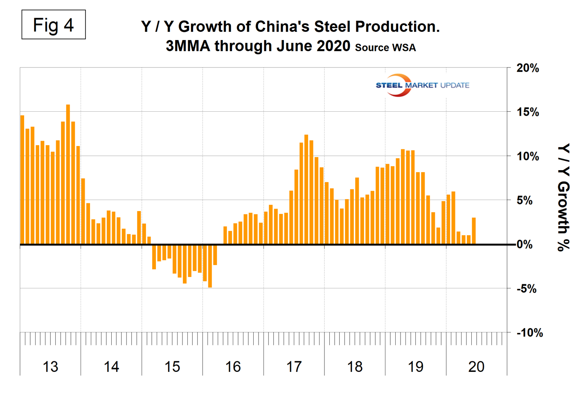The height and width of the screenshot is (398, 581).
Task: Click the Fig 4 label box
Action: (54, 25)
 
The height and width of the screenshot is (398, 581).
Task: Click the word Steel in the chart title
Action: (333, 27)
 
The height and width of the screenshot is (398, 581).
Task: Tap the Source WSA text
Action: (385, 47)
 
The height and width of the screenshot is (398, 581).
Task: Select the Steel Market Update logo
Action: (422, 85)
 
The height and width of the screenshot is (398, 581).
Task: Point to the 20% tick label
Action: (527, 68)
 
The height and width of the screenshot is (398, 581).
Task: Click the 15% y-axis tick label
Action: (527, 112)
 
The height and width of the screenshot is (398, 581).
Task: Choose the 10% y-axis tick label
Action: (527, 156)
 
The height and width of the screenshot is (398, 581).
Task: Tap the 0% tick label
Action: (525, 245)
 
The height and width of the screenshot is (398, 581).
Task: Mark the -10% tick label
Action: (529, 333)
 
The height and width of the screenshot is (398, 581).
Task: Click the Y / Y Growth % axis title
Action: (564, 197)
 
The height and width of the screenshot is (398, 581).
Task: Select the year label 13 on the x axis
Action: (50, 367)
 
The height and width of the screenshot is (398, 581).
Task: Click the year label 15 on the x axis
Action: (172, 367)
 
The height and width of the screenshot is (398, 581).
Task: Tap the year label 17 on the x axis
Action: (294, 367)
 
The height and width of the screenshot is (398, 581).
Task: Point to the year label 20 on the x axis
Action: (476, 367)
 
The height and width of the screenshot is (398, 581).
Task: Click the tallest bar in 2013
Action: (68, 175)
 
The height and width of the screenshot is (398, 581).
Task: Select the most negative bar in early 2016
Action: (210, 266)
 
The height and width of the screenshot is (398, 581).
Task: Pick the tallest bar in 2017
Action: (306, 189)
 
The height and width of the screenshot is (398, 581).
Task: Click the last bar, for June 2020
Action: (474, 231)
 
